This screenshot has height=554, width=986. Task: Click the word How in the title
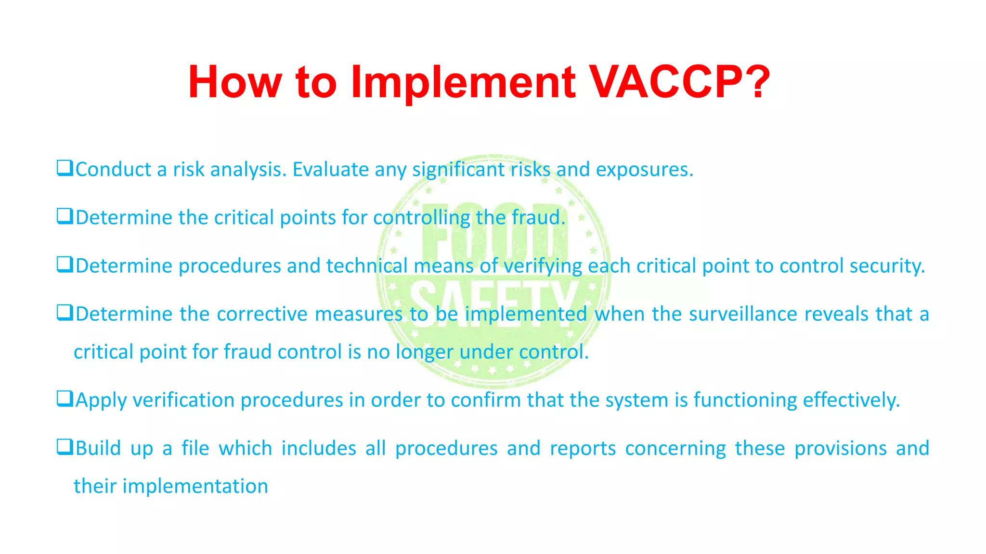(x=234, y=82)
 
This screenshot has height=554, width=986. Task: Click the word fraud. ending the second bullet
(x=538, y=217)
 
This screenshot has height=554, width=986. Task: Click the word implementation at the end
(x=195, y=486)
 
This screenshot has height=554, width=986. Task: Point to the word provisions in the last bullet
(x=840, y=448)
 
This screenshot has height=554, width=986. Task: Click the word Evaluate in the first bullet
(x=331, y=170)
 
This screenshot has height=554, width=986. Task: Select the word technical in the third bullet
(x=367, y=266)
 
